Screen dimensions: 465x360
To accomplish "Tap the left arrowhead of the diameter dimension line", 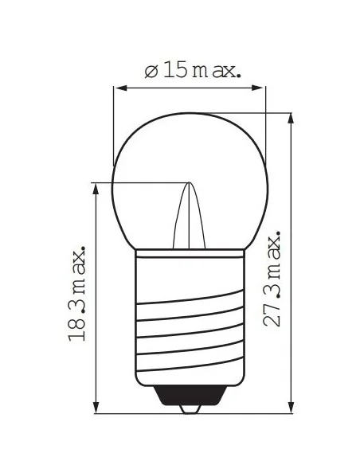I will pyautogui.click(x=120, y=88).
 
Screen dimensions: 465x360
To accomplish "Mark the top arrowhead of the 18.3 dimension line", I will pyautogui.click(x=96, y=189).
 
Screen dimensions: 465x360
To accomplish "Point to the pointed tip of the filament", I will pyautogui.click(x=190, y=184).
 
